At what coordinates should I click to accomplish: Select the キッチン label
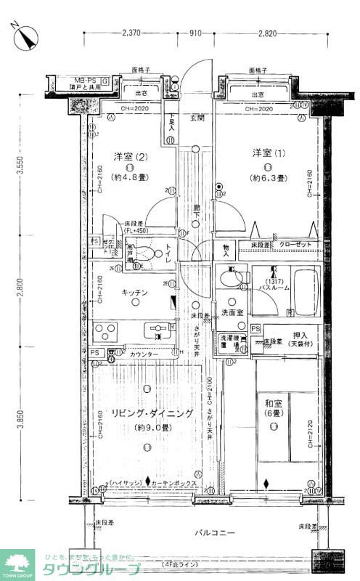pos(134,292)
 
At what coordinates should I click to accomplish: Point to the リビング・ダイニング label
pos(152,413)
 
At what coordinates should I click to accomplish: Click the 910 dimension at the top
pos(195,33)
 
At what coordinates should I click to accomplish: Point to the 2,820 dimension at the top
pos(266,33)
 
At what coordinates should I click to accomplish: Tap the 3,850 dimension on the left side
pos(21,420)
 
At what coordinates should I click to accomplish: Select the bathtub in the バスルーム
pos(296,291)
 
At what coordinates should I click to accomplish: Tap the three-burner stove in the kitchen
pos(106,332)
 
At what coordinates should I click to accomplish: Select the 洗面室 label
pos(232,313)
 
